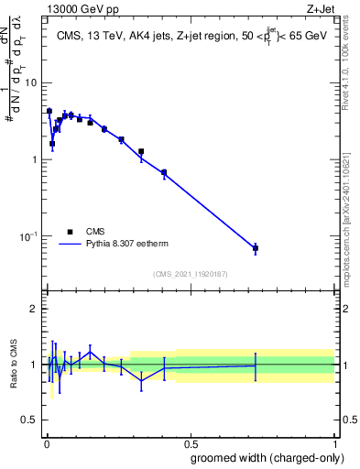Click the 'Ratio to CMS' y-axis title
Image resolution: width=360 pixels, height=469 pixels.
pyautogui.click(x=14, y=365)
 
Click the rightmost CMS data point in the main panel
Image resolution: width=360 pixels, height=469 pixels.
pyautogui.click(x=256, y=248)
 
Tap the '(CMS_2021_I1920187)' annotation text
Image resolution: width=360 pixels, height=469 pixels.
pyautogui.click(x=190, y=273)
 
